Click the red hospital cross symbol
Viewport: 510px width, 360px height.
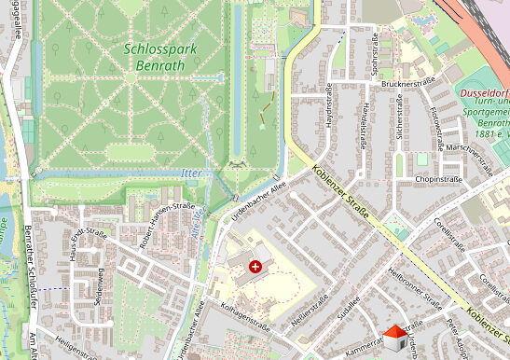(256, 268)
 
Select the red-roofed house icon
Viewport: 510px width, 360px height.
(395, 336)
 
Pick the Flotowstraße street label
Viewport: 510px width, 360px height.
(435, 129)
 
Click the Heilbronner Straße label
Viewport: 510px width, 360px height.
(413, 289)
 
